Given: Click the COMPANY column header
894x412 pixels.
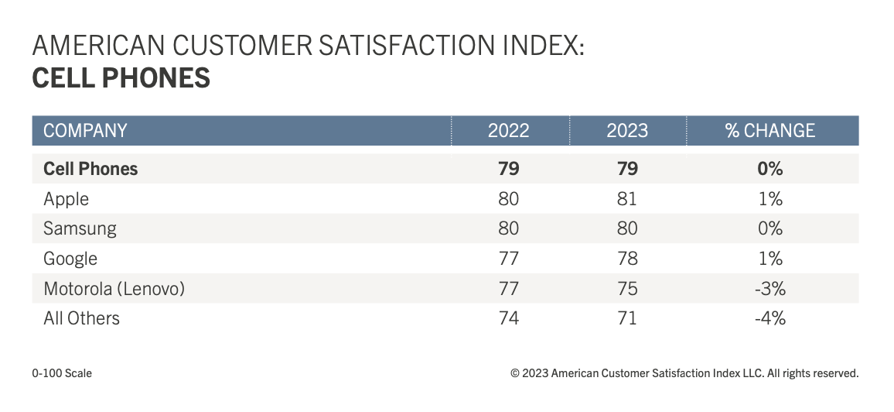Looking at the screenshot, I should point(85,130).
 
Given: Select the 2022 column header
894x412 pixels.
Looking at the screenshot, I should point(508,130).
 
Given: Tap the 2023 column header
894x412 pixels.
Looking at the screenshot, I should point(627,130).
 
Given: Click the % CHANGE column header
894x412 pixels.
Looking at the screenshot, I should point(770,130).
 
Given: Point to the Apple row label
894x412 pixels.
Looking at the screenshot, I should point(67,199).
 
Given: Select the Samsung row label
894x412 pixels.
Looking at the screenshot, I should point(80,228).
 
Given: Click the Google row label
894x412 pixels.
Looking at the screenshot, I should point(70,259).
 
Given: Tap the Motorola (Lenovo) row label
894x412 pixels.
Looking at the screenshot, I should point(114,288).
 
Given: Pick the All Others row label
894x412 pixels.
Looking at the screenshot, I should point(82,318).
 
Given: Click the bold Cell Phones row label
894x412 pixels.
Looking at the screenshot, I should point(90,169).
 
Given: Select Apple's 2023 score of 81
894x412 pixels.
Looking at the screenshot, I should point(627,199).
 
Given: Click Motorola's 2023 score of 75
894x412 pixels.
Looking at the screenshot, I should point(627,288).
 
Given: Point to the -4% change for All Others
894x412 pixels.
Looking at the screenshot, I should point(769,318).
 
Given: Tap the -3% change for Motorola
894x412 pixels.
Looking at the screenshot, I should point(769,288).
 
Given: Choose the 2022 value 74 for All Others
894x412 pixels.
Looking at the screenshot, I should point(508,318).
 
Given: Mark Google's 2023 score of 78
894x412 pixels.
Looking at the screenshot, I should point(627,259).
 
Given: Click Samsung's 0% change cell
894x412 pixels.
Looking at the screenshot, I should point(770,228).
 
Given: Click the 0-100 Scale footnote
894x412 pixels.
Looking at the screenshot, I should point(62,373).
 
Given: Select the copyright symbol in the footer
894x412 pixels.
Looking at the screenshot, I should point(515,373).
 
